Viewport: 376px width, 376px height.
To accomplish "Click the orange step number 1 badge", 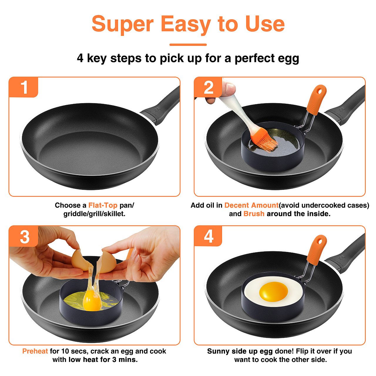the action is click(23, 87).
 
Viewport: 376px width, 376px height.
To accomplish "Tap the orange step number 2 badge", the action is click(208, 87).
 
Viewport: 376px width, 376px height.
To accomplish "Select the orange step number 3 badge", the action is click(24, 236).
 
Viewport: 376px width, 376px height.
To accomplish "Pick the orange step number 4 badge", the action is click(208, 236).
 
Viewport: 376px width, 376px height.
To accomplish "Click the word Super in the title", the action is click(123, 24).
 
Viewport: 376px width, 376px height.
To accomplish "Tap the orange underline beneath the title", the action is click(188, 45).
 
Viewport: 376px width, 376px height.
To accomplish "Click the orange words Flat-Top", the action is click(103, 205).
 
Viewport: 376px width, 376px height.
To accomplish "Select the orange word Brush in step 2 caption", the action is click(254, 214).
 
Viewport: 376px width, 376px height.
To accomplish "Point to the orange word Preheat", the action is click(35, 351).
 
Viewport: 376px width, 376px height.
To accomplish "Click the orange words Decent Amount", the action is click(251, 205).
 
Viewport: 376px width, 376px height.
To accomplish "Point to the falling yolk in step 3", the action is click(92, 301).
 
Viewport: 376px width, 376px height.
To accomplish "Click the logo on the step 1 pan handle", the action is click(157, 110).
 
